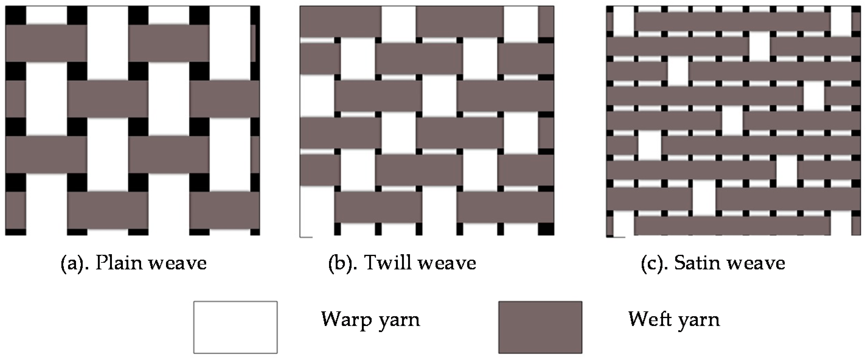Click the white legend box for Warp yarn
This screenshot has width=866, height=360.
click(235, 327)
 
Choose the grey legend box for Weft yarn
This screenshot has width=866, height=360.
click(540, 327)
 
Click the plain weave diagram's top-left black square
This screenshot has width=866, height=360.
click(16, 15)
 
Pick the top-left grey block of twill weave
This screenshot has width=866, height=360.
click(340, 22)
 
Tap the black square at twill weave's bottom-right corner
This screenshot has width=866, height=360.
click(546, 229)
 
